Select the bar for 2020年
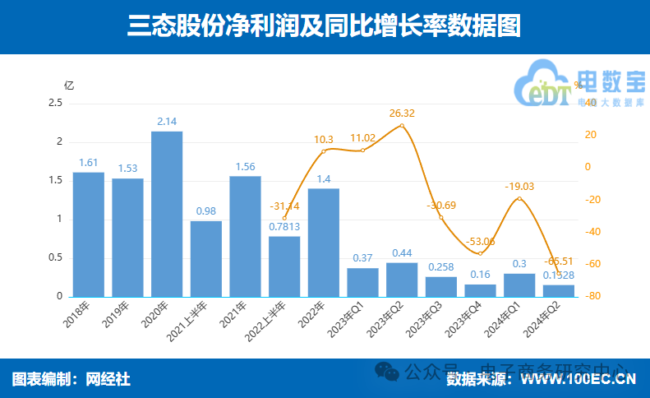167,214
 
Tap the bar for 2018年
89,234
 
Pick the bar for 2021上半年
206,258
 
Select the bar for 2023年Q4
480,290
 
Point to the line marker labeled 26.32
402,126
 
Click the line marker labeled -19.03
519,198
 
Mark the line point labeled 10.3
324,151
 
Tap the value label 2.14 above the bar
167,123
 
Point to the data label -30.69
441,205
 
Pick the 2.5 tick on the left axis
55,103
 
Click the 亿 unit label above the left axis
69,85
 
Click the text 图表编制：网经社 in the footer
71,379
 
